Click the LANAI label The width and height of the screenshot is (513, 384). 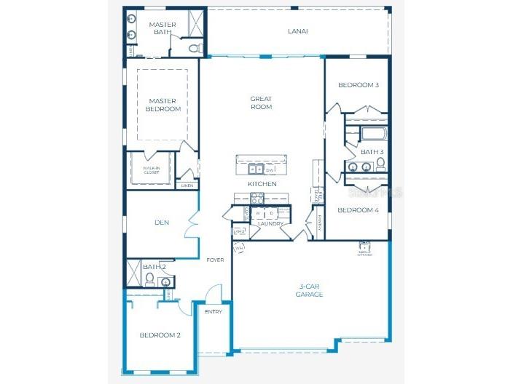[298, 31]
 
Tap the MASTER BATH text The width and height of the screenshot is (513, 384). [162, 28]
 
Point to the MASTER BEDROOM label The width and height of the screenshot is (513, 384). [163, 105]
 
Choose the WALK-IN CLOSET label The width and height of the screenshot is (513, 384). [151, 170]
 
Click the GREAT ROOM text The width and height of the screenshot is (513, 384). [261, 103]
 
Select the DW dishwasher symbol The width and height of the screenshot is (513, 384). [270, 169]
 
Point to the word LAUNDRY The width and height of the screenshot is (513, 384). [270, 223]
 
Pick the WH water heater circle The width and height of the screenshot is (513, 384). [239, 247]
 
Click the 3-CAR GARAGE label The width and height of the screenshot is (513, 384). [309, 290]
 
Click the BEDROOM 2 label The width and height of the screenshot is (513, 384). [160, 335]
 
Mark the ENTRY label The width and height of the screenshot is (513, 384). [214, 311]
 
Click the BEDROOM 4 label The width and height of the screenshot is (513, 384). [358, 210]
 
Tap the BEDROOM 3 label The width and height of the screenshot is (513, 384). [358, 85]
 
